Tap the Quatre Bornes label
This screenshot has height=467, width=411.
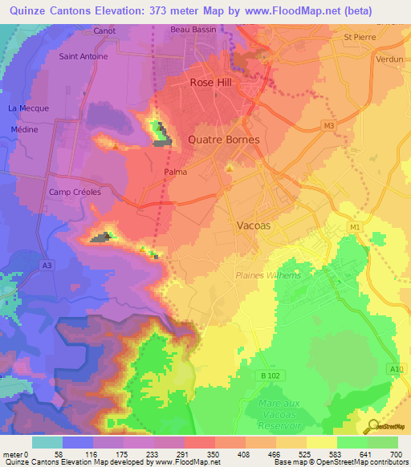click(x=223, y=139)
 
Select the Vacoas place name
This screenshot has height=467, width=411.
click(x=254, y=225)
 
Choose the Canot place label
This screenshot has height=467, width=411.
click(x=104, y=30)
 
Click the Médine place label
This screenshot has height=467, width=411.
click(x=24, y=129)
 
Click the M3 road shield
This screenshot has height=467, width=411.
click(x=328, y=126)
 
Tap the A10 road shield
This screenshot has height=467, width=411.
click(x=395, y=368)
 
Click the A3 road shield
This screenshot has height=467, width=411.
click(x=47, y=265)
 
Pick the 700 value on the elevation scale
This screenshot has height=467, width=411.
click(x=396, y=453)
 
